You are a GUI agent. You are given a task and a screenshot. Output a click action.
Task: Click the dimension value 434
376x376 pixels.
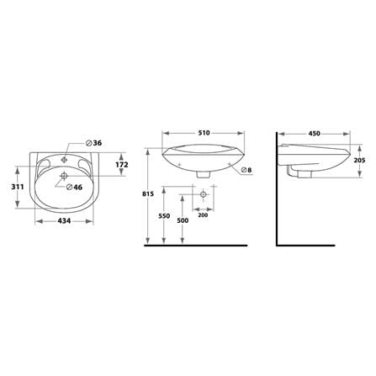[64, 221]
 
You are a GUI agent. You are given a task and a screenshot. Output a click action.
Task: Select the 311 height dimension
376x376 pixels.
[18, 187]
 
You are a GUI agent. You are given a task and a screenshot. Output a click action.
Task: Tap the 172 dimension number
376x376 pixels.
[122, 165]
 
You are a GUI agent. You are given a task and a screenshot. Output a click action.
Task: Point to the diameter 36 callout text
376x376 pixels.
[93, 143]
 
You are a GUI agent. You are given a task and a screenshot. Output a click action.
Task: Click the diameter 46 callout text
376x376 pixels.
[74, 187]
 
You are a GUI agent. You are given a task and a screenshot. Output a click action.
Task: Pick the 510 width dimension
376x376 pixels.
[204, 133]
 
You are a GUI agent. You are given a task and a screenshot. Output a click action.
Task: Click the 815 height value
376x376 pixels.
[148, 193]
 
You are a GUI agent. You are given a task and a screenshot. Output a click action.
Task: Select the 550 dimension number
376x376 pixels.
[164, 216]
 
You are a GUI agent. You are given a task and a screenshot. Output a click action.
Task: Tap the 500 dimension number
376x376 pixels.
[183, 220]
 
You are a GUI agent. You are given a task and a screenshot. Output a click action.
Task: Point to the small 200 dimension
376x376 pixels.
[203, 215]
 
